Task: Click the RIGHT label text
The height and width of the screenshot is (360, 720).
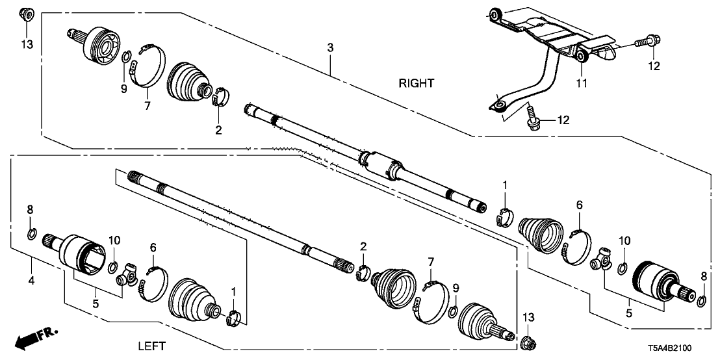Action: coord(417,83)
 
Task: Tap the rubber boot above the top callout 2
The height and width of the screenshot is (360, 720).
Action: coord(189,83)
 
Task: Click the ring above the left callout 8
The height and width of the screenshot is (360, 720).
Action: coord(31,233)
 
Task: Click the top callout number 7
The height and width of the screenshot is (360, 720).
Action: coord(146,105)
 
